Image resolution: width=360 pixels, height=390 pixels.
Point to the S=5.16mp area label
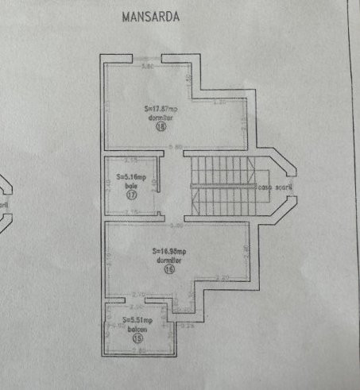130,178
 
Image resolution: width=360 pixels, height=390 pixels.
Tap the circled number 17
131,195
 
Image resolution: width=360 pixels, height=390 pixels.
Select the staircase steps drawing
222,183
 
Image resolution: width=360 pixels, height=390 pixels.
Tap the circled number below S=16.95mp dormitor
168,269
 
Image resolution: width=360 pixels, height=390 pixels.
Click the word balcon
136,329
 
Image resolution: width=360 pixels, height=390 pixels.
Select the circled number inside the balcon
136,338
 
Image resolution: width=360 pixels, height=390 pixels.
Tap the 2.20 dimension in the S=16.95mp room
222,277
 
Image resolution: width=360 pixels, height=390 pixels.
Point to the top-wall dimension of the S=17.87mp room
147,67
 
